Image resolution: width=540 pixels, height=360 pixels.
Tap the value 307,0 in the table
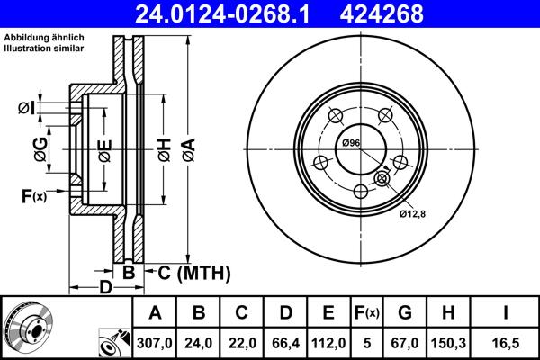click(155, 341)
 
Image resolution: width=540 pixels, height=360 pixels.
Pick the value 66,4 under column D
click(283, 341)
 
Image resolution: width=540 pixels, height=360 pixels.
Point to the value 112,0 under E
click(328, 341)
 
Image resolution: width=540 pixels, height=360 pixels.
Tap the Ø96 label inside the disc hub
click(350, 144)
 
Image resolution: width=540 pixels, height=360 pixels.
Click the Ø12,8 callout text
click(414, 213)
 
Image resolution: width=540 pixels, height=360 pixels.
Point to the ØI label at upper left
click(26, 109)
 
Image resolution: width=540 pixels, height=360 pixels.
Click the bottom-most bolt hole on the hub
click(361, 191)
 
